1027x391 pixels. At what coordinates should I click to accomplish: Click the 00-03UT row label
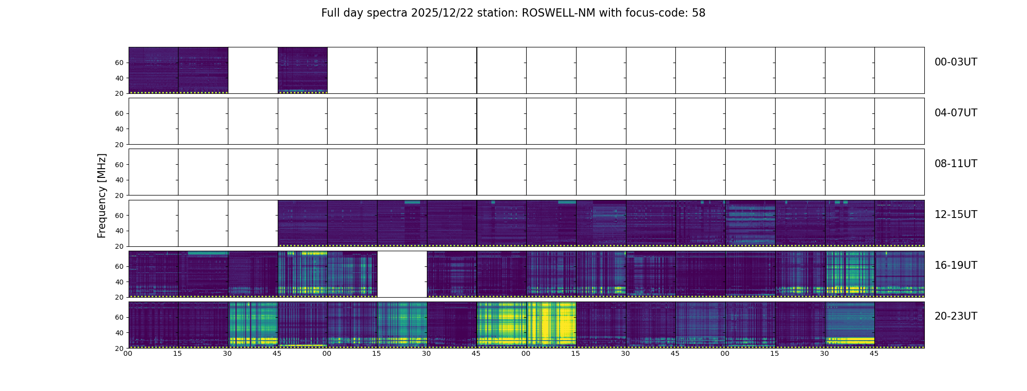click(x=956, y=62)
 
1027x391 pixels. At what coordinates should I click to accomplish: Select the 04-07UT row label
click(x=956, y=113)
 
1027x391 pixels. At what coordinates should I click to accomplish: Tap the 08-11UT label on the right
click(x=956, y=164)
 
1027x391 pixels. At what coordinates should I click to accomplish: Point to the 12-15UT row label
click(x=956, y=215)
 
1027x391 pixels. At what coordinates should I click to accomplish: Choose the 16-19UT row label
click(x=956, y=265)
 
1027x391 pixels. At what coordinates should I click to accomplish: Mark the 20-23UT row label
click(x=956, y=316)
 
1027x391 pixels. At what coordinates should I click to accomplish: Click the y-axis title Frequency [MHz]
click(x=102, y=195)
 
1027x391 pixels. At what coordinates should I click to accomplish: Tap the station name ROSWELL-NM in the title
click(x=558, y=13)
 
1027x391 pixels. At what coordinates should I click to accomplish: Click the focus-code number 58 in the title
click(x=698, y=13)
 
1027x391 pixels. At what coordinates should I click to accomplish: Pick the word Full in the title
click(x=330, y=13)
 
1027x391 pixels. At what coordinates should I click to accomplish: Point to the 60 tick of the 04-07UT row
click(x=119, y=113)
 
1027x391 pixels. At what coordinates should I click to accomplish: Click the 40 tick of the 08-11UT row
click(x=119, y=180)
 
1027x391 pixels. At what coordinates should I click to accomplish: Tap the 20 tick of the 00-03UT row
click(x=119, y=93)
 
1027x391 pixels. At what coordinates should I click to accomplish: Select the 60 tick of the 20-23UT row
click(x=119, y=317)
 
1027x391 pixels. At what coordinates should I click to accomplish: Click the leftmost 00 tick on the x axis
click(x=128, y=353)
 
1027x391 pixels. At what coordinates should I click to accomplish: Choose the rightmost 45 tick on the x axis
click(x=874, y=353)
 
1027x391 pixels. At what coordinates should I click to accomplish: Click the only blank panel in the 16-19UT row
click(x=402, y=274)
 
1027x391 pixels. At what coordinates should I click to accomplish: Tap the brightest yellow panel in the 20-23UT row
click(x=551, y=325)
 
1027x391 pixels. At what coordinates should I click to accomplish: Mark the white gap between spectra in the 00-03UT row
click(x=253, y=70)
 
